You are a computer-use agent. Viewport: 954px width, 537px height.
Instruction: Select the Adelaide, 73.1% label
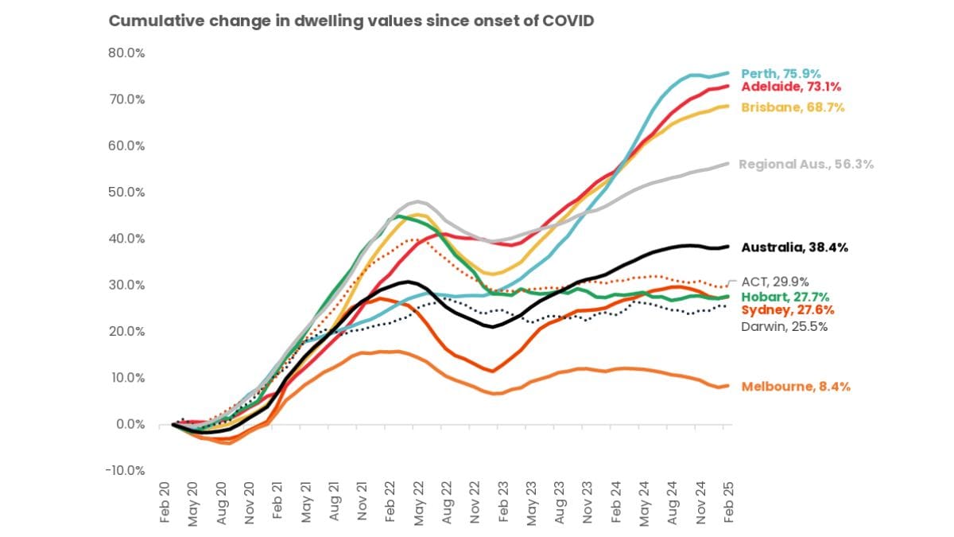(791, 87)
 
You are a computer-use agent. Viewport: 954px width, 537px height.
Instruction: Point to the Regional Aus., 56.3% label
(806, 165)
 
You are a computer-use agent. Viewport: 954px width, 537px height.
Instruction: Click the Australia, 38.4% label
(794, 247)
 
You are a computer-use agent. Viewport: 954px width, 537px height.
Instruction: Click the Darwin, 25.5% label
(784, 326)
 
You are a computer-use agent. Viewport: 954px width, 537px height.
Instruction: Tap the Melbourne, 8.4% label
(796, 387)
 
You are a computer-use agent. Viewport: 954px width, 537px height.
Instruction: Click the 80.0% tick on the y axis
(127, 53)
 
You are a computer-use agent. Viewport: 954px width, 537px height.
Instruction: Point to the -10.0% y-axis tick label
(126, 470)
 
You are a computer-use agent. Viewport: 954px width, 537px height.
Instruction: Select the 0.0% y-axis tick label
(130, 424)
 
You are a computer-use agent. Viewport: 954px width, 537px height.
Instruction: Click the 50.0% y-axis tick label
(127, 193)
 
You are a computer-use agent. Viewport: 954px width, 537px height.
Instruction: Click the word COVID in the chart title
(565, 21)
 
